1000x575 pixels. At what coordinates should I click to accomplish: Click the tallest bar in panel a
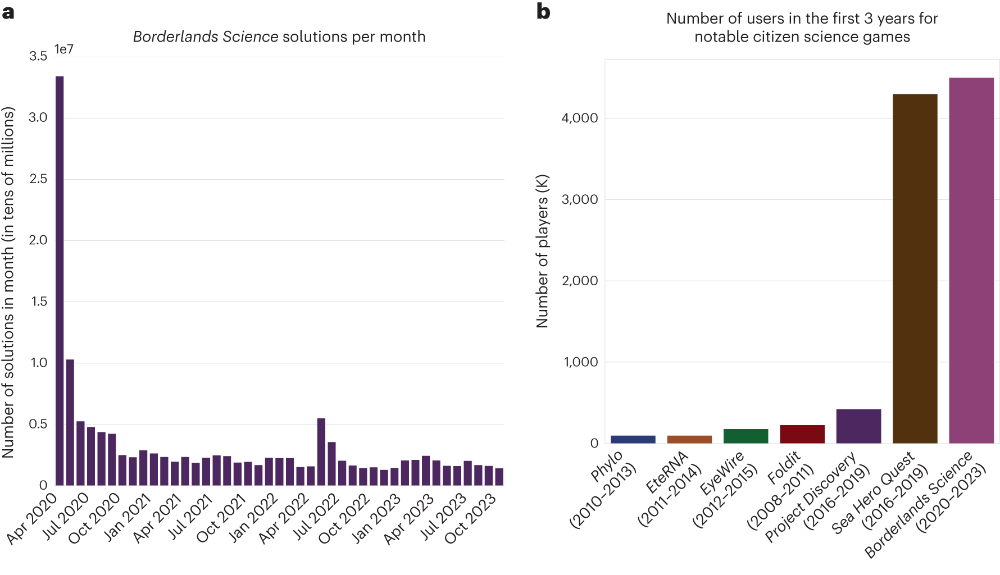tap(60, 281)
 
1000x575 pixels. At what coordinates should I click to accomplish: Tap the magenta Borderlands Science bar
tap(971, 261)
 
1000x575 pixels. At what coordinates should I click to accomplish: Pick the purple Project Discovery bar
tap(858, 426)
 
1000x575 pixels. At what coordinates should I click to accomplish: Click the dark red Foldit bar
tap(802, 434)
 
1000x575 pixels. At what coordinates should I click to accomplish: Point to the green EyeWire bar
tap(746, 436)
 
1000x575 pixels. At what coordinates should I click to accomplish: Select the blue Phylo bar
tap(633, 439)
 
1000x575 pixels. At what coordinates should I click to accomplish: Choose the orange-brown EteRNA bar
tap(689, 439)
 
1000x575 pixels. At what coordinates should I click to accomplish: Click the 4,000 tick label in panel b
tap(580, 118)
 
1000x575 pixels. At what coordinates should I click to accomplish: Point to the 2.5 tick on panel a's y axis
tap(38, 179)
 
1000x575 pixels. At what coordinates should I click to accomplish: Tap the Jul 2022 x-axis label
tap(316, 517)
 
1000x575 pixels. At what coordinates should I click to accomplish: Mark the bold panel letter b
tap(543, 11)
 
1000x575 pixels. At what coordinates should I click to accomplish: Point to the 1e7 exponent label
tap(63, 49)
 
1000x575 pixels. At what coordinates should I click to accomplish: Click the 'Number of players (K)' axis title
tap(542, 251)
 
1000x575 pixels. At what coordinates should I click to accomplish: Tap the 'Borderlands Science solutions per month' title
tap(279, 37)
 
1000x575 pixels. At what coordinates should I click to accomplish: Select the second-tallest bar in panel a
tap(70, 422)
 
